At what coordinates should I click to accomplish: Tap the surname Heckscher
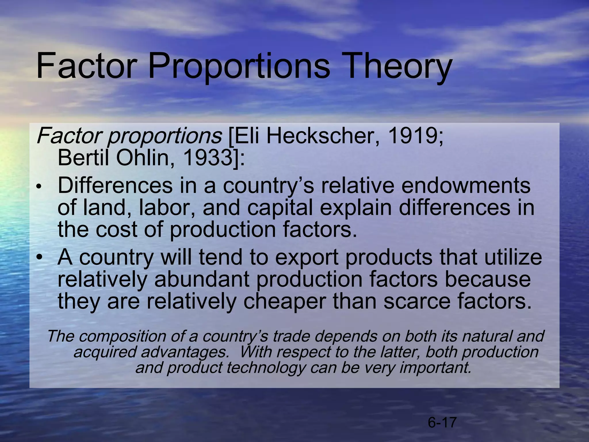tap(322, 136)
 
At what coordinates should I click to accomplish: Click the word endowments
tap(466, 186)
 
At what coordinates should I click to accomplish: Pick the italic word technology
tap(265, 367)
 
